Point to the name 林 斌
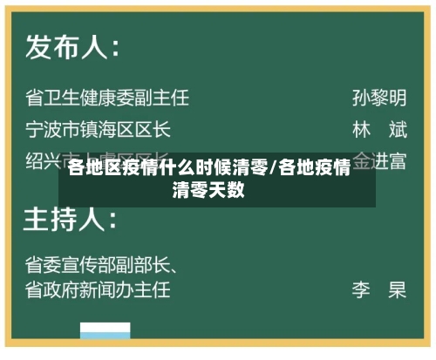tap(379, 130)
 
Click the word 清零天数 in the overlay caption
tap(208, 189)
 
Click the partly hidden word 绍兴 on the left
tap(42, 161)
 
